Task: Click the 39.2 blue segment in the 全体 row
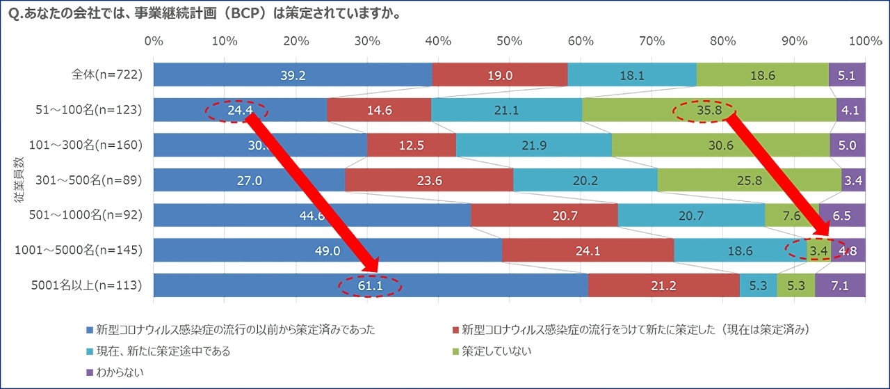point(292,75)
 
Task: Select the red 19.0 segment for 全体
point(499,75)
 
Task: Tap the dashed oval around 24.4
point(238,110)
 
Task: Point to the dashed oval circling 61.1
point(371,285)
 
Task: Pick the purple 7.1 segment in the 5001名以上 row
point(840,285)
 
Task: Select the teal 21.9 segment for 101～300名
point(533,145)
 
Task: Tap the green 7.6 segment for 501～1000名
point(791,216)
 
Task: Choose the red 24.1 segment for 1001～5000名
point(588,251)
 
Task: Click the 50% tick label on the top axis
point(510,41)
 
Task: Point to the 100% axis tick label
point(865,41)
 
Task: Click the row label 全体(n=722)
point(107,75)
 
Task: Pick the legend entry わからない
point(116,373)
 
